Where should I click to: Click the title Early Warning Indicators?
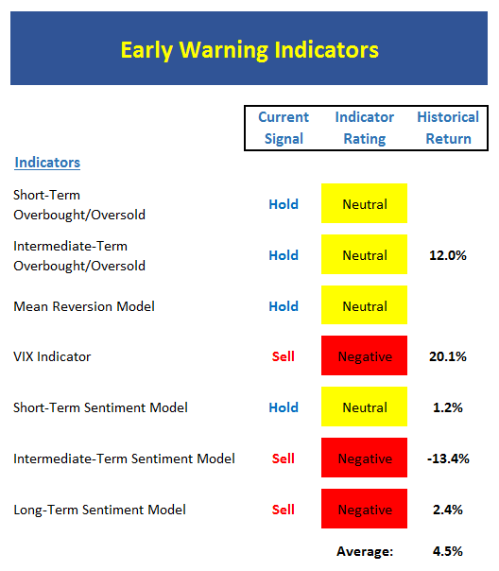point(249,50)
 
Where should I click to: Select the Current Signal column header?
point(284,128)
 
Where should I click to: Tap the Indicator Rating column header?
point(365,128)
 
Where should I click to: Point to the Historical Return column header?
point(448,128)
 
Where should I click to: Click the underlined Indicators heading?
point(47,163)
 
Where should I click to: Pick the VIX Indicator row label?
point(52,356)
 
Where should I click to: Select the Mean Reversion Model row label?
point(84,306)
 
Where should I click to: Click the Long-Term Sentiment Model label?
point(100,510)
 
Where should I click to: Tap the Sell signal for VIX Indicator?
point(284,356)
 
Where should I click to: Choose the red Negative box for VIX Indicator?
point(365,355)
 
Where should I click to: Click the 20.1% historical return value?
point(448,356)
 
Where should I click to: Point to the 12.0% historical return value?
point(448,255)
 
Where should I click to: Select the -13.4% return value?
point(448,459)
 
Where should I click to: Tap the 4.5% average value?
point(448,551)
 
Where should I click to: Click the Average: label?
point(365,551)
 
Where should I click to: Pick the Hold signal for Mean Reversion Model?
point(284,306)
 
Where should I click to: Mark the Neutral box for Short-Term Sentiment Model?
point(365,407)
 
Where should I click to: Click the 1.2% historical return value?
point(448,407)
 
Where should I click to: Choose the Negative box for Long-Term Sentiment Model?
point(365,509)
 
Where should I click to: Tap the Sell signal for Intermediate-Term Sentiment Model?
point(284,459)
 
